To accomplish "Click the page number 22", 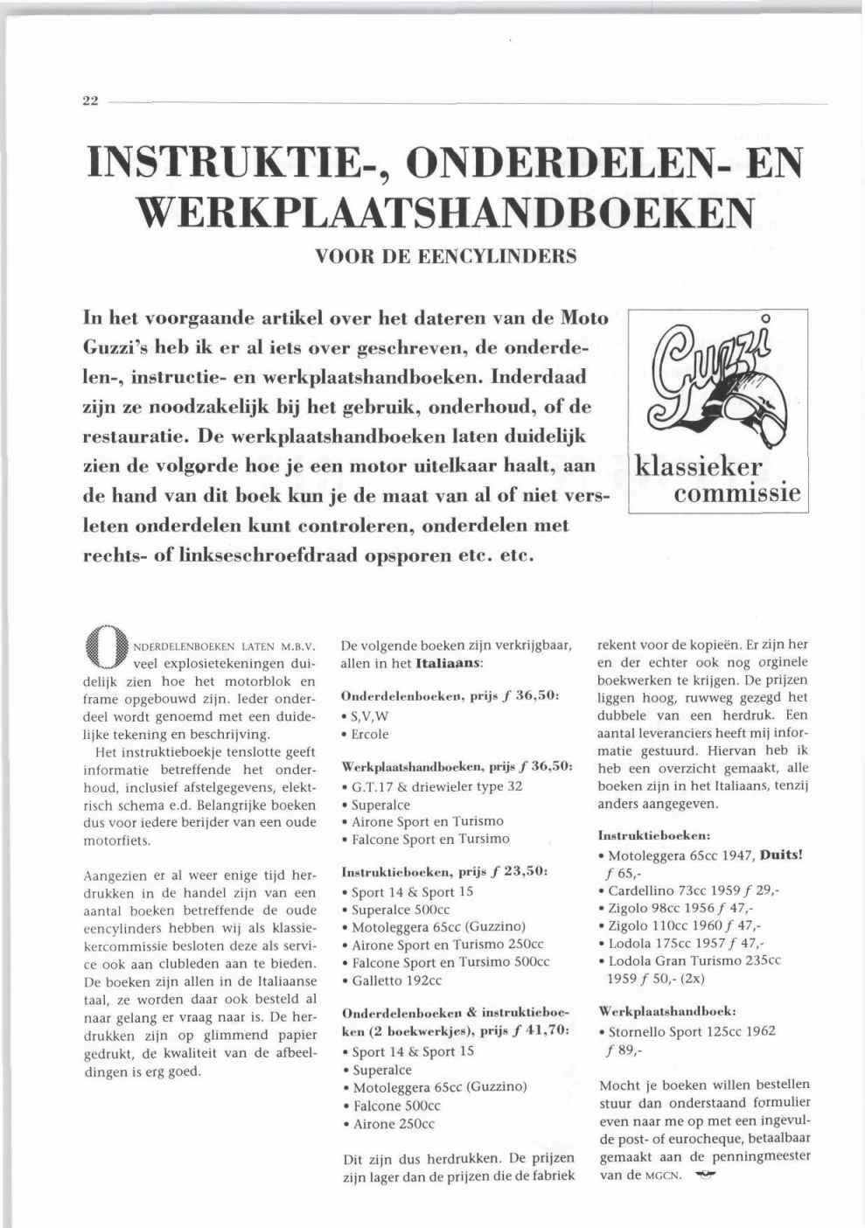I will [x=89, y=101].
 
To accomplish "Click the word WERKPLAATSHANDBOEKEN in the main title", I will [x=446, y=211].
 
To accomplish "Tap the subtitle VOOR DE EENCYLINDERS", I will [x=445, y=257].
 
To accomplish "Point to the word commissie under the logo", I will [x=737, y=493].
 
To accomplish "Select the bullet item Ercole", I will [x=369, y=734].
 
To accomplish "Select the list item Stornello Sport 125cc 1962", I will [x=691, y=1031].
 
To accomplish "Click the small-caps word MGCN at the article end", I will [x=664, y=1176].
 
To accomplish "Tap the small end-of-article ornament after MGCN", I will [x=704, y=1175].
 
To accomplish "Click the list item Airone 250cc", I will [x=393, y=1124].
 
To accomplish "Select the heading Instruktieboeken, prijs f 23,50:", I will [x=444, y=871].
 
